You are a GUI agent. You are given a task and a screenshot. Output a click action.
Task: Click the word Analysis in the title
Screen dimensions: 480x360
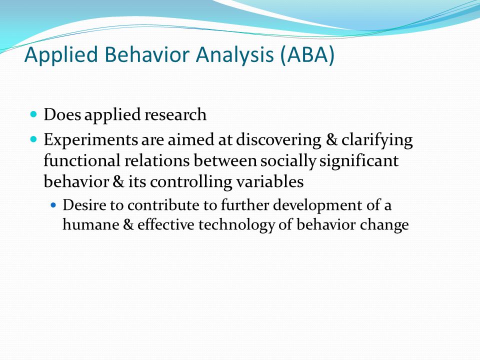[235, 54]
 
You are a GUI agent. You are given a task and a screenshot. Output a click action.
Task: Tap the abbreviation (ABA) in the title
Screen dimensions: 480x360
[307, 54]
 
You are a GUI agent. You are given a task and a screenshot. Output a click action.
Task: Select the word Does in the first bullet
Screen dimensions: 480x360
[62, 114]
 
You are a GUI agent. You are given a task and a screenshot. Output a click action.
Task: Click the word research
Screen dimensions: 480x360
[175, 114]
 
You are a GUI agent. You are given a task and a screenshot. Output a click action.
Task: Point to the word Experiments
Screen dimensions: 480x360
[91, 140]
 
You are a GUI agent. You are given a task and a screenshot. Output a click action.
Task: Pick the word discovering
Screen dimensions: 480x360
[278, 140]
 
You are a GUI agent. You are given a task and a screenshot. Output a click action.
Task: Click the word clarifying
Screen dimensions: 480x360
[377, 140]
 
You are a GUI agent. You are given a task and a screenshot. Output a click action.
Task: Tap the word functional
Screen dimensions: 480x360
[81, 160]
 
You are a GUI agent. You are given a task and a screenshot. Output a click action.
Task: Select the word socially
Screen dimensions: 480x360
[288, 161]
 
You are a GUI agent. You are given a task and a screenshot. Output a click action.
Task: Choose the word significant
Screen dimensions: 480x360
[359, 161]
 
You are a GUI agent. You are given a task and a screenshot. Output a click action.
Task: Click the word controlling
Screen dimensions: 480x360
[191, 182]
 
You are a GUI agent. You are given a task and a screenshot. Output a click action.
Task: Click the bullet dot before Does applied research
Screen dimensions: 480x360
[33, 114]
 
